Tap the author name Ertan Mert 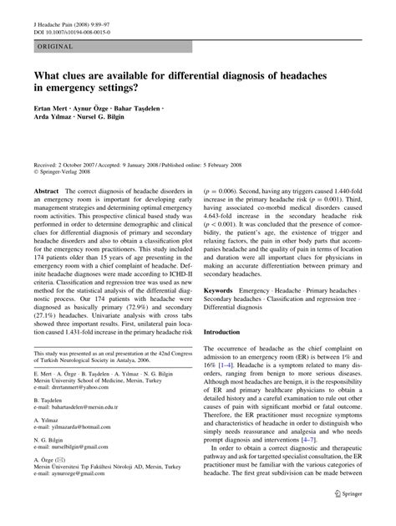(x=52, y=109)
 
